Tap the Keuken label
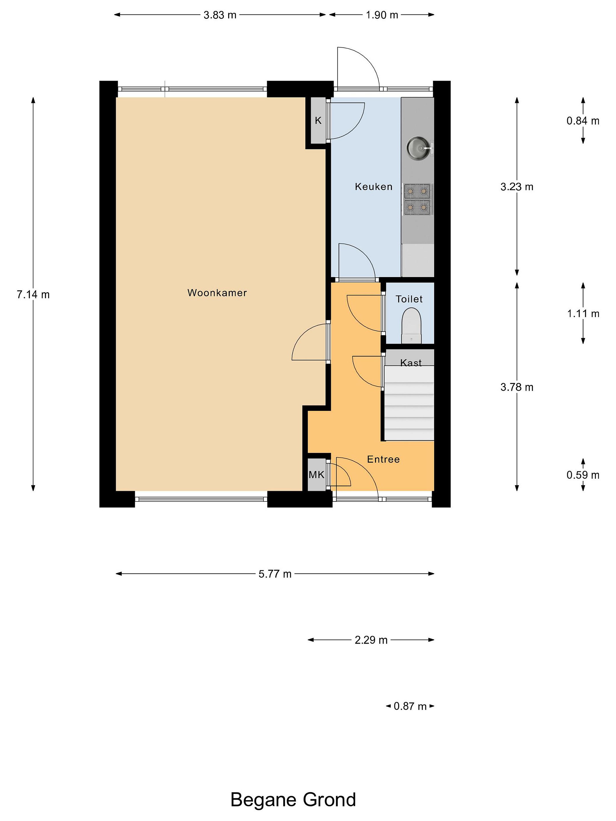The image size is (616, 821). (374, 186)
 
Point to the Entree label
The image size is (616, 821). (383, 459)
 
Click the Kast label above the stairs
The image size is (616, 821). (411, 363)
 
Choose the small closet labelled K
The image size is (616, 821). (318, 120)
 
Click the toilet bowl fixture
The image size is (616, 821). (412, 327)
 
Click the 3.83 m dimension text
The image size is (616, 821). (220, 15)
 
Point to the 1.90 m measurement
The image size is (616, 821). (382, 15)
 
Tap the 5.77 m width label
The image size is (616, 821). (275, 574)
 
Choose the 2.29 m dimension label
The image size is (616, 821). (371, 640)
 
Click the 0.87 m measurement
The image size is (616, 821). (410, 706)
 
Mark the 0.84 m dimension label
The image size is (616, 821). (583, 121)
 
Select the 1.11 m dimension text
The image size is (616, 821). (583, 314)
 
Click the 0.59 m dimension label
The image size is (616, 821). (583, 475)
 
